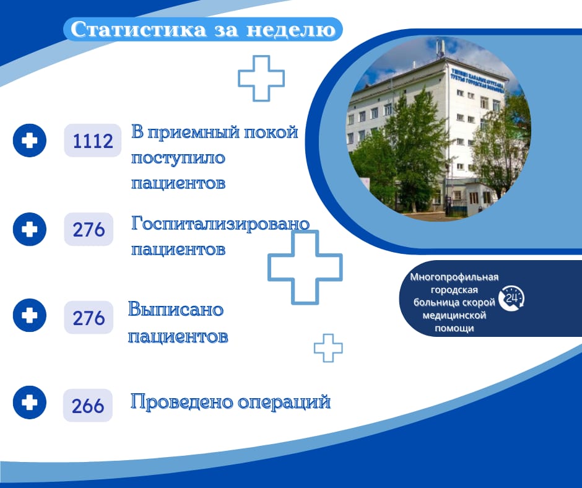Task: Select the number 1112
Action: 93,141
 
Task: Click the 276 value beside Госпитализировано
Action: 89,229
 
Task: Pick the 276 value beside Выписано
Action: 89,318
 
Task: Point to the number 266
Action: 88,406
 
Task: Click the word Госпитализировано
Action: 220,224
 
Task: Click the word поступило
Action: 178,158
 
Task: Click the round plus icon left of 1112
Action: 30,141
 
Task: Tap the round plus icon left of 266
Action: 30,403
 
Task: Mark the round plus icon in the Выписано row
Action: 30,315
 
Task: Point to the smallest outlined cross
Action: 328,348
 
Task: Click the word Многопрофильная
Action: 454,277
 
